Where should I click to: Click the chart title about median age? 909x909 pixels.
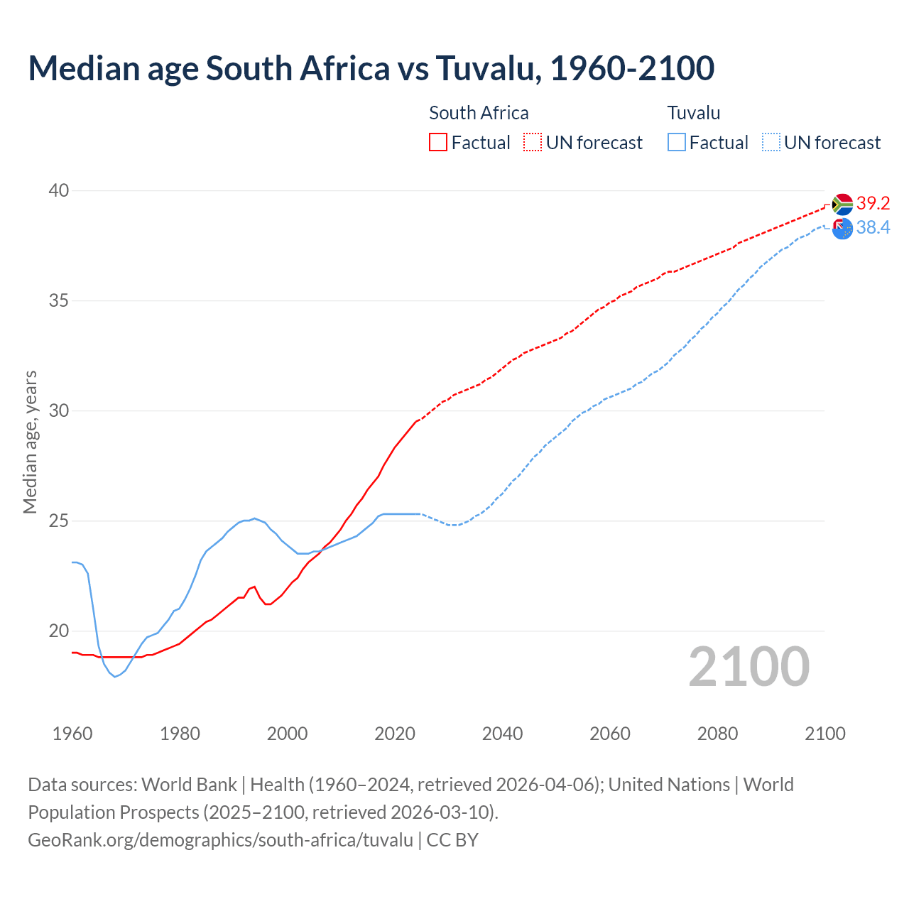[x=371, y=68]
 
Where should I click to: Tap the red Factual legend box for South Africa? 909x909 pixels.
[x=438, y=143]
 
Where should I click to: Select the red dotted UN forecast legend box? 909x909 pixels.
[x=533, y=143]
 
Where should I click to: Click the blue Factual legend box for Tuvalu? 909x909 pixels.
[x=677, y=143]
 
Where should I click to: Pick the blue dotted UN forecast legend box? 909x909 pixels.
[x=771, y=143]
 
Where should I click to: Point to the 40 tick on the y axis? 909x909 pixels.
[x=59, y=190]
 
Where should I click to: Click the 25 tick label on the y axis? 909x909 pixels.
[x=59, y=521]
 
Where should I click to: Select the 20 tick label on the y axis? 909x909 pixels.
[x=59, y=631]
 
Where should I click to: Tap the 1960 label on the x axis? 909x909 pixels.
[x=72, y=734]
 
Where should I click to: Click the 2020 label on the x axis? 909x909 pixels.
[x=395, y=734]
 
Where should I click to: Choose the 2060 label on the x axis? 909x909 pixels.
[x=610, y=734]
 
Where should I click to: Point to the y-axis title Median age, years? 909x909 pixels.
[x=30, y=442]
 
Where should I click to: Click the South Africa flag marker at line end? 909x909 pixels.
[x=842, y=205]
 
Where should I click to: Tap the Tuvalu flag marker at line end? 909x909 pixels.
[x=842, y=229]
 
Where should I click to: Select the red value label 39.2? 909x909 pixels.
[x=873, y=204]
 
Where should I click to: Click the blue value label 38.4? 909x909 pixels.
[x=873, y=227]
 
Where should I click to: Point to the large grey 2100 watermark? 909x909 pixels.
[x=749, y=666]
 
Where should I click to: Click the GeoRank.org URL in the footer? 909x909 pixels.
[x=220, y=839]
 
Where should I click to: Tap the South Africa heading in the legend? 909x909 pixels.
[x=479, y=113]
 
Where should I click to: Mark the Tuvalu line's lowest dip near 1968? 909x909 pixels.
[x=115, y=677]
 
